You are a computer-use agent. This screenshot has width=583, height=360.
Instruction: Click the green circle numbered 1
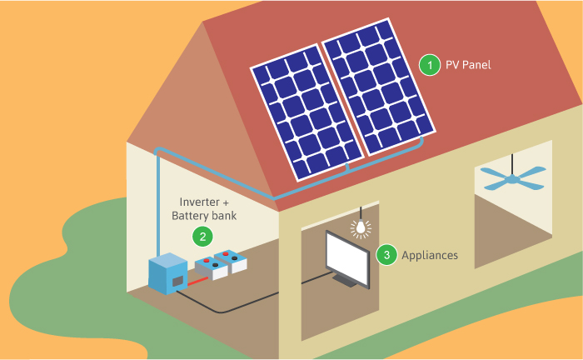click(x=429, y=64)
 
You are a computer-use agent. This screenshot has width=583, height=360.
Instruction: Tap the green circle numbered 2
click(x=202, y=236)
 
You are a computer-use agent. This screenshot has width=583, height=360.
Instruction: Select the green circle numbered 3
click(x=386, y=255)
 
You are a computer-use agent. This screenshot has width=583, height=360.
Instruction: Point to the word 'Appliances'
click(x=430, y=255)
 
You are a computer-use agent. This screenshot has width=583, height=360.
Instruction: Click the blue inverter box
click(x=168, y=272)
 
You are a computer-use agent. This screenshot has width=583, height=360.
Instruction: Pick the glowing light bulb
click(x=361, y=227)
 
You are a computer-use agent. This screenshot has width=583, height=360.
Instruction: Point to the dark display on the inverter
click(x=177, y=282)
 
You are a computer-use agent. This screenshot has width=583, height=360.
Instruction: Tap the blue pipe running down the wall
click(x=157, y=200)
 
